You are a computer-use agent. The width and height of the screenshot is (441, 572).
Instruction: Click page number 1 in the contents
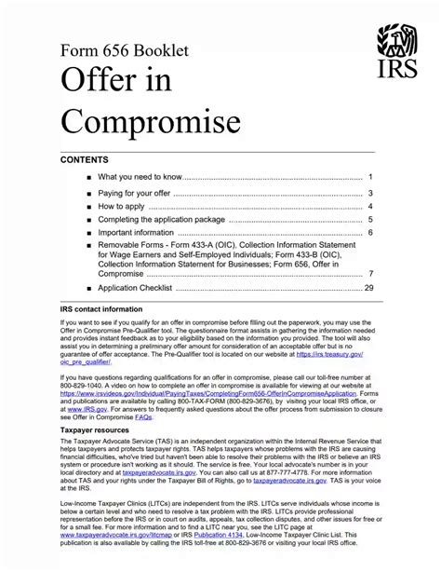coord(370,177)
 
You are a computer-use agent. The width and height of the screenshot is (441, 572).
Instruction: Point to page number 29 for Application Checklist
coord(368,288)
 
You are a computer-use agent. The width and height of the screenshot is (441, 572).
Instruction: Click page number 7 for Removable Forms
coord(370,274)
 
